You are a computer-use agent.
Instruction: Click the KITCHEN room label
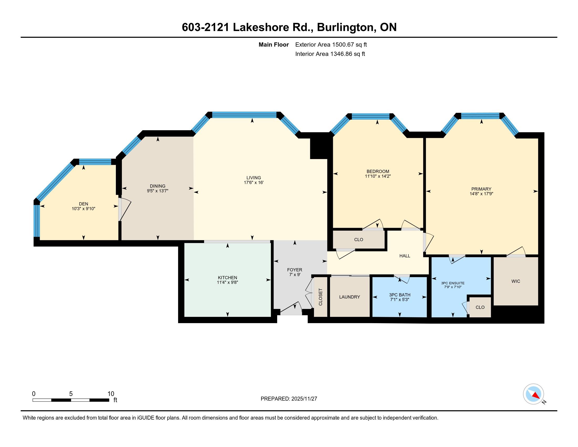(x=227, y=277)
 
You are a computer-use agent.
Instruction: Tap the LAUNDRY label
(x=350, y=297)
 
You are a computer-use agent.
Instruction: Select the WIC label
(x=515, y=281)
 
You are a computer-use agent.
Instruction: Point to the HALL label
(x=405, y=256)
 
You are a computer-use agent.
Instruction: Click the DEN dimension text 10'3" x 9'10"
(x=83, y=209)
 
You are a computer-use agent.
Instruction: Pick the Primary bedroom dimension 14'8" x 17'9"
(x=481, y=194)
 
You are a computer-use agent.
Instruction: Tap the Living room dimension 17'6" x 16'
(x=254, y=182)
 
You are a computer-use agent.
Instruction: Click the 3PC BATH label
(x=400, y=295)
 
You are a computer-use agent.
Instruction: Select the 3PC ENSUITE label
(x=453, y=283)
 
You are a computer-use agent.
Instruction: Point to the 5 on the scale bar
(x=71, y=394)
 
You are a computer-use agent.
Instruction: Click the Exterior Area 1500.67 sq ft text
(x=331, y=44)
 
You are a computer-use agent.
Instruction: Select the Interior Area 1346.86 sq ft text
(x=330, y=54)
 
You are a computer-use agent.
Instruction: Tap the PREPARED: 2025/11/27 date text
(x=289, y=399)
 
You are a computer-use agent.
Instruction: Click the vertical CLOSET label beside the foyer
(x=321, y=297)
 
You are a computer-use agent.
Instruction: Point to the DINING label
(x=157, y=186)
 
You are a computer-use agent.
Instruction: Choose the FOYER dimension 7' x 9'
(x=295, y=275)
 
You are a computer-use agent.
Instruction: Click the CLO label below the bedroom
(x=359, y=240)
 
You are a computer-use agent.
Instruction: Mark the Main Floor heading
(x=274, y=44)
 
